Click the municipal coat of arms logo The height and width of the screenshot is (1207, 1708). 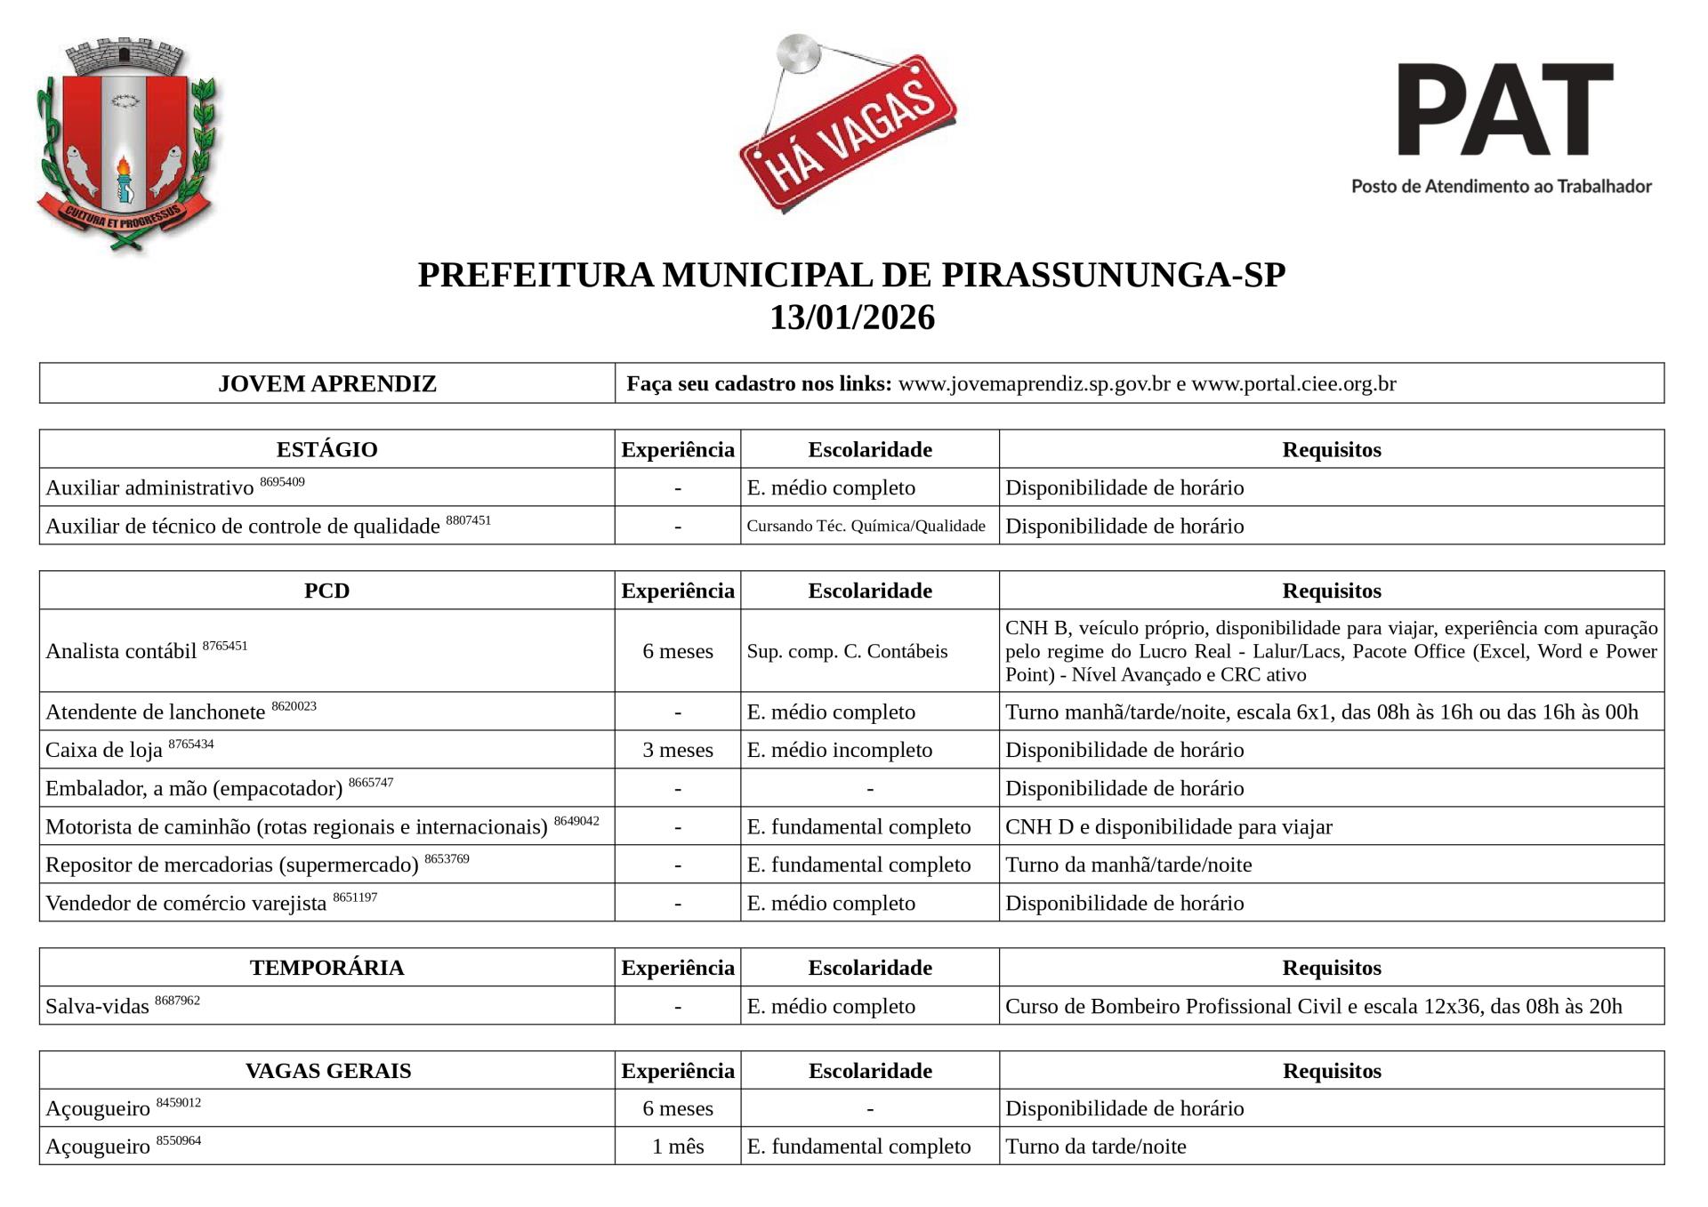[126, 143]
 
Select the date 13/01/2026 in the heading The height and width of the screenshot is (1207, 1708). [852, 318]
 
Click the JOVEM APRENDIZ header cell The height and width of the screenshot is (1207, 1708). [326, 383]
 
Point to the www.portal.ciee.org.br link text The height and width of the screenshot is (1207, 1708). [1293, 383]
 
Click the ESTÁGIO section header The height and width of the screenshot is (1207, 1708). [326, 449]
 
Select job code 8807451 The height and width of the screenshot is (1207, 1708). [468, 520]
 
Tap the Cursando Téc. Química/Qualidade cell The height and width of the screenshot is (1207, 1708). [866, 526]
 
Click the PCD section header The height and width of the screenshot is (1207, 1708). [326, 591]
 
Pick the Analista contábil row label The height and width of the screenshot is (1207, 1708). [121, 651]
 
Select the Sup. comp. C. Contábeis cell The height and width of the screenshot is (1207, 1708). [847, 651]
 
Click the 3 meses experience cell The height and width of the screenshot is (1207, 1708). [678, 750]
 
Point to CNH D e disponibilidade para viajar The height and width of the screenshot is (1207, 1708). [1168, 826]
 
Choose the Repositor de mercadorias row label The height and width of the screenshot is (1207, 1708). [231, 865]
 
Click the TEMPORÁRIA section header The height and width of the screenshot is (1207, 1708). [326, 968]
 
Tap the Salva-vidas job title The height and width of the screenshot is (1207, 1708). [98, 1006]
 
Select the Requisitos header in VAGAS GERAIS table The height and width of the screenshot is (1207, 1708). [1331, 1071]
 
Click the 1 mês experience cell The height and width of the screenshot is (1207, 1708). [678, 1147]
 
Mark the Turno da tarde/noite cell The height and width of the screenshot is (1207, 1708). [1095, 1147]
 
